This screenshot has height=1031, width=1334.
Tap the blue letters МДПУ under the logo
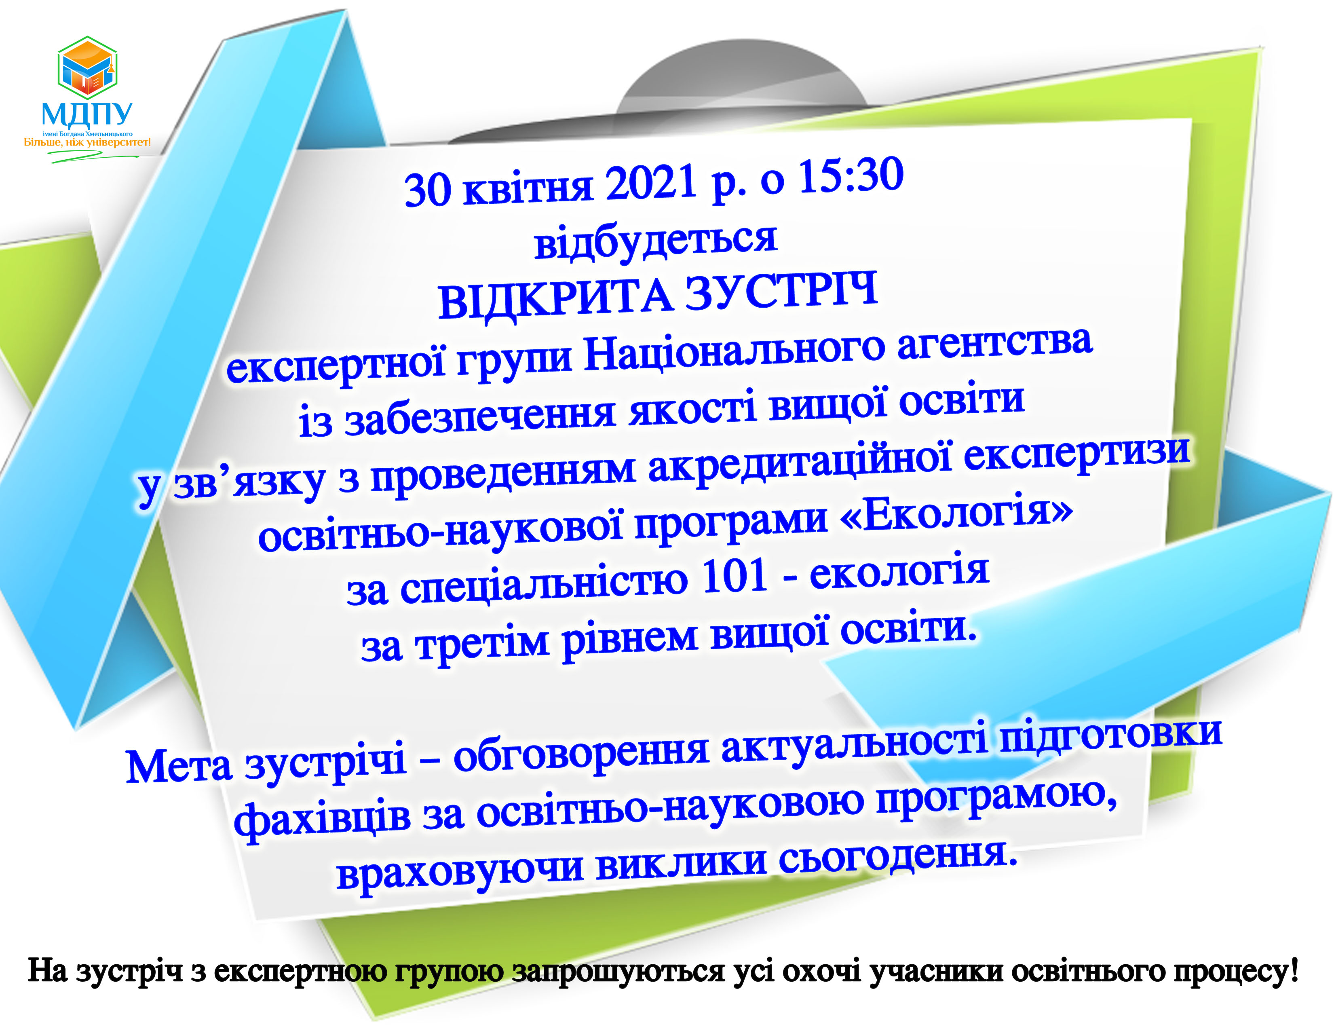pos(87,114)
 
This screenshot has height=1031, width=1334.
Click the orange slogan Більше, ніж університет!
pos(87,142)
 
